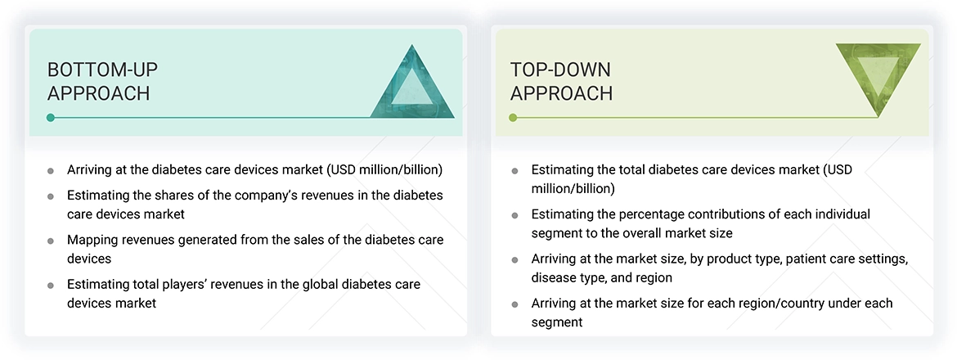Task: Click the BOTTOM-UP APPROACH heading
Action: pos(98,81)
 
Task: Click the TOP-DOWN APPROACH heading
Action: pos(561,81)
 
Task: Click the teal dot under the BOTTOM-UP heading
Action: pos(51,118)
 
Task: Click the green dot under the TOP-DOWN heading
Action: pos(513,118)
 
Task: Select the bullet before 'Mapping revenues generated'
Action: pos(51,241)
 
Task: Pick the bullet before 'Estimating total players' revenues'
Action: pos(51,285)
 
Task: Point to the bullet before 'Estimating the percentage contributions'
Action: pos(514,215)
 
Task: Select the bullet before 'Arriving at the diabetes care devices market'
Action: pos(51,171)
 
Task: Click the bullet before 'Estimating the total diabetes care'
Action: pos(514,171)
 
